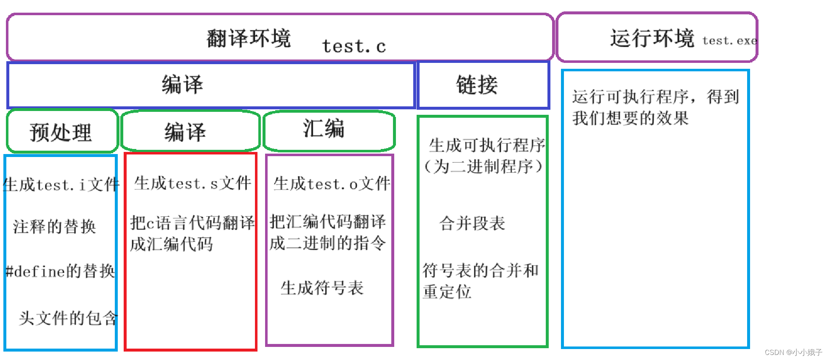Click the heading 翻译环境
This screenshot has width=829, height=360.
249,38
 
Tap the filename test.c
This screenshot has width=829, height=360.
354,46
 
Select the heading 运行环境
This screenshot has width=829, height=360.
652,38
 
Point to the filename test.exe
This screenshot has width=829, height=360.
729,41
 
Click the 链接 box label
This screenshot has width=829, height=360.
477,85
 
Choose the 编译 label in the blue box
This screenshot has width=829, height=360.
182,84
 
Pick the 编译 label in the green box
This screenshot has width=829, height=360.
185,132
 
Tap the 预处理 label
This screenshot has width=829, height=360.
60,133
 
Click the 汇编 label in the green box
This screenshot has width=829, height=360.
323,128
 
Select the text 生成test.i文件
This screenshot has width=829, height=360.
61,184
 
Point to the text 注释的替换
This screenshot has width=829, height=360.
54,227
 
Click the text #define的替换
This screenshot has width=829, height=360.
60,271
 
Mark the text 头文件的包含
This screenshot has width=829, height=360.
68,318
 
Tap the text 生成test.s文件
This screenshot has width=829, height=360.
192,183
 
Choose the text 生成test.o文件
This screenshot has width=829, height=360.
332,184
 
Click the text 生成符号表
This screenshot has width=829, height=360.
322,288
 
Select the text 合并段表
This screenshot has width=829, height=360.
472,223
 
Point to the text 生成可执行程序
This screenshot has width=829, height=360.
487,145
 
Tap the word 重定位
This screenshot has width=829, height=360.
447,292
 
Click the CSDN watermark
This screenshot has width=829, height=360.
793,352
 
